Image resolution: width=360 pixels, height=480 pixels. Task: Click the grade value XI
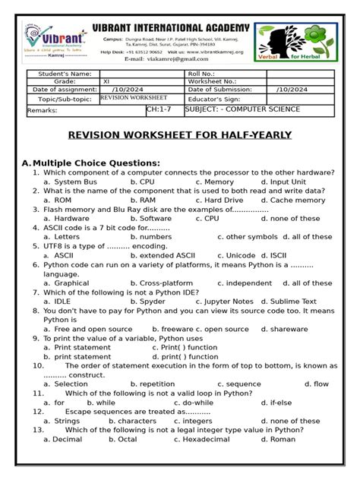click(x=106, y=81)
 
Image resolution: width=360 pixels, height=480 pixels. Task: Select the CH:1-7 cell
click(x=157, y=109)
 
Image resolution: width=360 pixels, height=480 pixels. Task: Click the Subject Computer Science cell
click(x=242, y=109)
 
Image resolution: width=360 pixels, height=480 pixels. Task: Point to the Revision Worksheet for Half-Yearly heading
click(x=181, y=134)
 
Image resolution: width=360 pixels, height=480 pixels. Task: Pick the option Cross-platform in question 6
click(x=166, y=283)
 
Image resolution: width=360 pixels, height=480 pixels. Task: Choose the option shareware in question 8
click(x=289, y=329)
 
